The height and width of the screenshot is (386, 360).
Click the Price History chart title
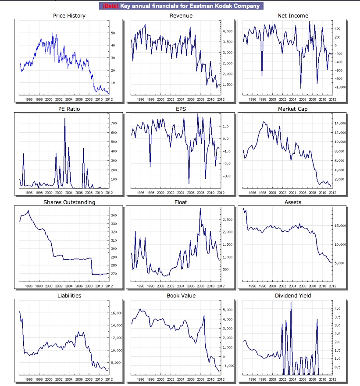[69, 16]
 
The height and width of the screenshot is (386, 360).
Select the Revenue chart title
[181, 16]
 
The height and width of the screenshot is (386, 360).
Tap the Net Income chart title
[292, 16]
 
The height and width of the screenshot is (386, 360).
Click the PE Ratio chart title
[69, 109]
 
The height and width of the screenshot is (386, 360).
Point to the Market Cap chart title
[292, 109]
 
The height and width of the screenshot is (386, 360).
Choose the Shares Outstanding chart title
[69, 202]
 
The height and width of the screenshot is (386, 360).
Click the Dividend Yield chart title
[292, 296]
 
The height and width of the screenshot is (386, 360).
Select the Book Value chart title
[181, 296]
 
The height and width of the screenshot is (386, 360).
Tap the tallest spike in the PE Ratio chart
[65, 119]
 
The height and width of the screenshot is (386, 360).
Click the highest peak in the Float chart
[200, 209]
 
